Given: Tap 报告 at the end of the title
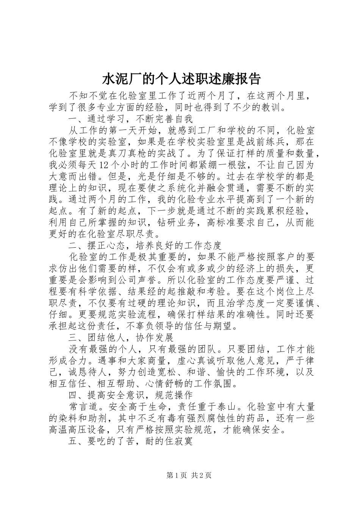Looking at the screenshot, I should coord(249,79).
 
